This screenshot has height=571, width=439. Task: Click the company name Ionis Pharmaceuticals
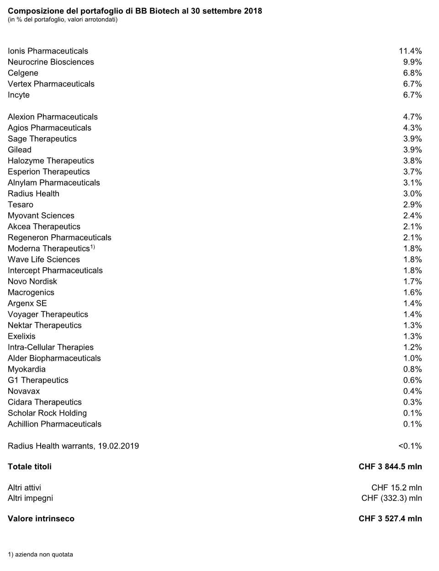tap(48, 51)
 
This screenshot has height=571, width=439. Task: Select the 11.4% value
tap(410, 51)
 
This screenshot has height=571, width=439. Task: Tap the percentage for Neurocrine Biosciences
tap(412, 62)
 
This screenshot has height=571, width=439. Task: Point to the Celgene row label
tap(23, 73)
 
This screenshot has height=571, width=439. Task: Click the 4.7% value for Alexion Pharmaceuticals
tap(412, 117)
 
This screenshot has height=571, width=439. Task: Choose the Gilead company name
tap(20, 150)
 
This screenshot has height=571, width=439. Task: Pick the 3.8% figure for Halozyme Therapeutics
tap(412, 161)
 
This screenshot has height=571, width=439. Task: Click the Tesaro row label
tap(21, 205)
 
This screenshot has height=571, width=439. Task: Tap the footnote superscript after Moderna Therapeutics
tap(92, 247)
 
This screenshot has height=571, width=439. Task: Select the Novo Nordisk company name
tap(32, 282)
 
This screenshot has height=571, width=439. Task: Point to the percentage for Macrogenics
tap(412, 293)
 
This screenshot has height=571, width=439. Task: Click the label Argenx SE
tap(27, 304)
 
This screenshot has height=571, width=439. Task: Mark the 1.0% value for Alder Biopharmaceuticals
tap(412, 358)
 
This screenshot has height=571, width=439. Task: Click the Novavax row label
tap(24, 391)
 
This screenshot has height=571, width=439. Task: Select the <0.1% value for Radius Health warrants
tap(410, 446)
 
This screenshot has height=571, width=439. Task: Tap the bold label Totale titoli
tap(30, 467)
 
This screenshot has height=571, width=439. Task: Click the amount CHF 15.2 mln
tap(397, 488)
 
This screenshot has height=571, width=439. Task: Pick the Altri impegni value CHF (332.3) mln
tap(391, 498)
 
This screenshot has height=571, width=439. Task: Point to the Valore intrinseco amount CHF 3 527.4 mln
tap(390, 519)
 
